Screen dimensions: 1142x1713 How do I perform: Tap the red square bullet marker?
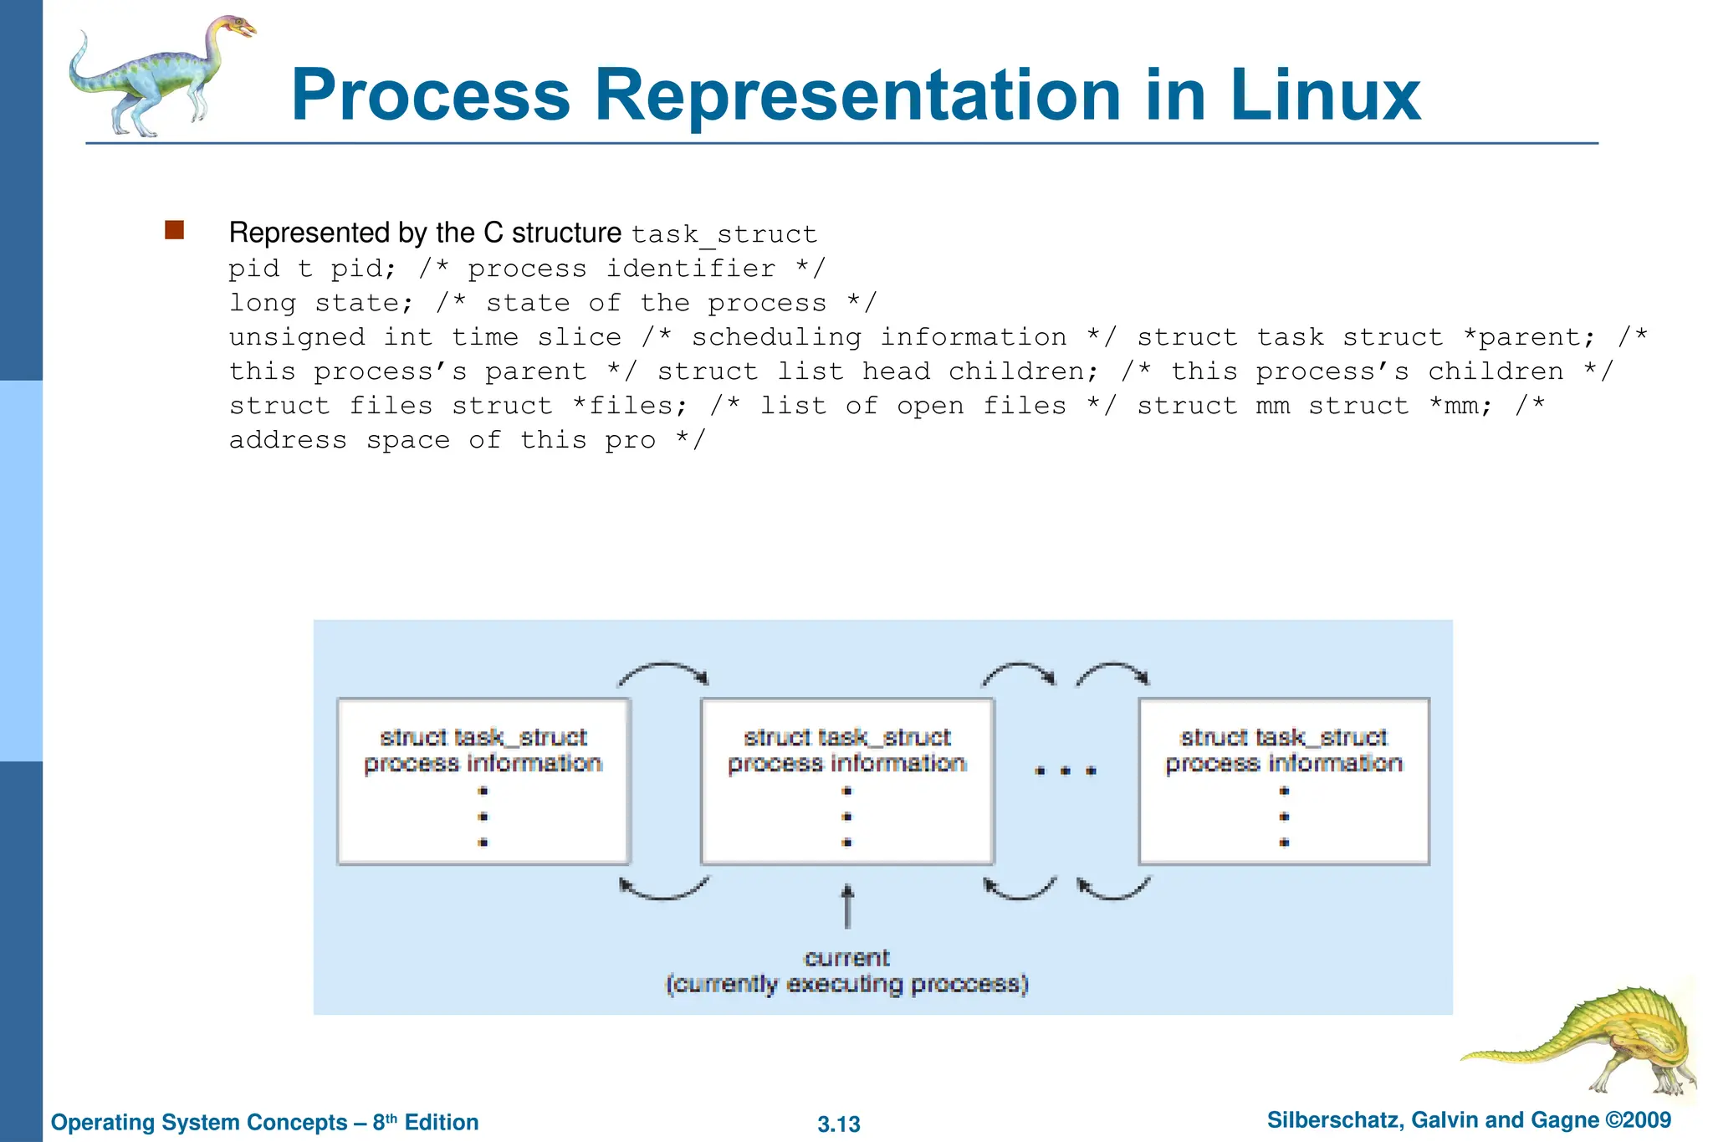point(174,230)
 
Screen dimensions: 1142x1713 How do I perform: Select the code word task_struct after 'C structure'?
point(724,234)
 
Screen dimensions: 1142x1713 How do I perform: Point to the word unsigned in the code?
point(297,337)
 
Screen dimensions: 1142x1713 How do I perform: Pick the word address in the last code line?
point(288,440)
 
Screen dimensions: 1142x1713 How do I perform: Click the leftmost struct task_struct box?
point(483,781)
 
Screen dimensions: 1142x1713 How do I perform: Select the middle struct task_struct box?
point(846,781)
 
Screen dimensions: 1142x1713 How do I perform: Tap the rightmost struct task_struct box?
point(1284,781)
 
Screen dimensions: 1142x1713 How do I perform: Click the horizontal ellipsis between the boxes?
point(1066,771)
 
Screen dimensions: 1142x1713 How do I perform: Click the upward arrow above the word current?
point(847,907)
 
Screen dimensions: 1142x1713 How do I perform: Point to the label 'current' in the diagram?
point(846,958)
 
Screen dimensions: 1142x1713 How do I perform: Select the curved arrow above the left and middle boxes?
point(663,669)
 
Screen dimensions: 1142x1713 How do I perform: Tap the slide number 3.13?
point(839,1124)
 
